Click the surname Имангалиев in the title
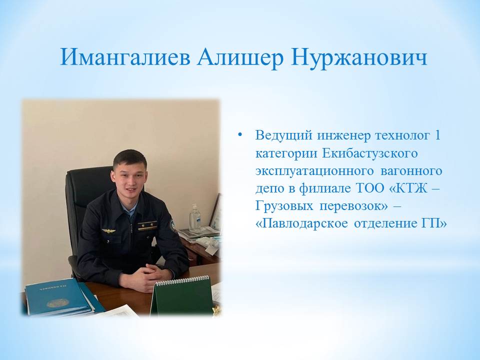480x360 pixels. [x=124, y=57]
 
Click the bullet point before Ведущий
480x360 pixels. [x=240, y=134]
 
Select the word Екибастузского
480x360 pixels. [x=370, y=153]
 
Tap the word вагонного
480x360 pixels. [x=411, y=170]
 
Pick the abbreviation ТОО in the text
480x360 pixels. [x=370, y=187]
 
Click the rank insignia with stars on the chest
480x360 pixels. [x=147, y=226]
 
